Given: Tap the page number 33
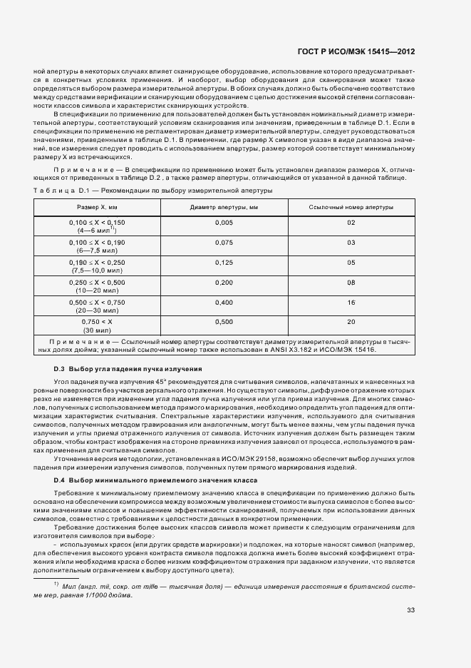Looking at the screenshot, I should (410, 609).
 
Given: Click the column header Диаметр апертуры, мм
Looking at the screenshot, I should (224, 207).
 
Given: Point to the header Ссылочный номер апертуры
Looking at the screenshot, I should (351, 207).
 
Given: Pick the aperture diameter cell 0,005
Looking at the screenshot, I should (224, 223).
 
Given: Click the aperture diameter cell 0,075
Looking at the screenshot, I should (224, 243).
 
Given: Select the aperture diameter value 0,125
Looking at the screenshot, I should (224, 263).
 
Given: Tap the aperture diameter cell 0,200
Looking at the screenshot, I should (224, 283).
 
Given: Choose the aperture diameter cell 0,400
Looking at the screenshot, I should (224, 303).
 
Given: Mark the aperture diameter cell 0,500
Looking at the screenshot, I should (224, 323).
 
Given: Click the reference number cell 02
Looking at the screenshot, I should (351, 223).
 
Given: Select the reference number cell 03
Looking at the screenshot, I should (351, 243).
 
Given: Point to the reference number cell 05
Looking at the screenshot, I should (351, 263).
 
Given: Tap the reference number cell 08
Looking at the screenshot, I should (351, 283).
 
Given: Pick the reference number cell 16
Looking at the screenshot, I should (351, 303).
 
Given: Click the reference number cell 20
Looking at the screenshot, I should (351, 323).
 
